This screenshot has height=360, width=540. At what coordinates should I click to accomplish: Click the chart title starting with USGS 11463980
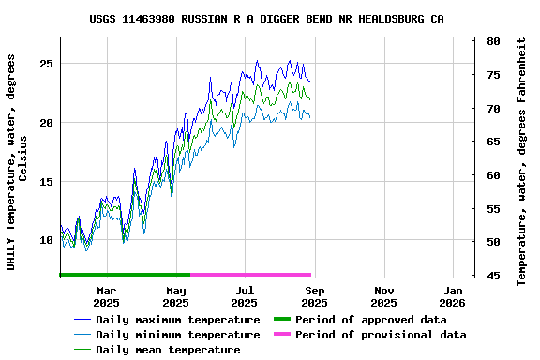(267, 19)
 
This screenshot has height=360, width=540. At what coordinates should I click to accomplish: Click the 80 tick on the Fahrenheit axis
(493, 42)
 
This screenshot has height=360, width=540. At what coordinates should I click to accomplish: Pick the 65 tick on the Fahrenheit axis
(493, 142)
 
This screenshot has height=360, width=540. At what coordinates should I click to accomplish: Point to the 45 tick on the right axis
(493, 276)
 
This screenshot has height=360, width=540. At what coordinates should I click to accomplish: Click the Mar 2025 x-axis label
(106, 296)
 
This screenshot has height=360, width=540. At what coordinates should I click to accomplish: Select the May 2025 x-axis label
(175, 296)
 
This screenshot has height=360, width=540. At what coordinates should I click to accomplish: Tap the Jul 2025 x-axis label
(245, 296)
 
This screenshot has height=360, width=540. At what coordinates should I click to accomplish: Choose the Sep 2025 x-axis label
(314, 296)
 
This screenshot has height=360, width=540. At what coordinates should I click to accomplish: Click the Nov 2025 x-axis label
(383, 296)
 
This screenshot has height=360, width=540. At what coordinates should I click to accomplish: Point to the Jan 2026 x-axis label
(453, 296)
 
